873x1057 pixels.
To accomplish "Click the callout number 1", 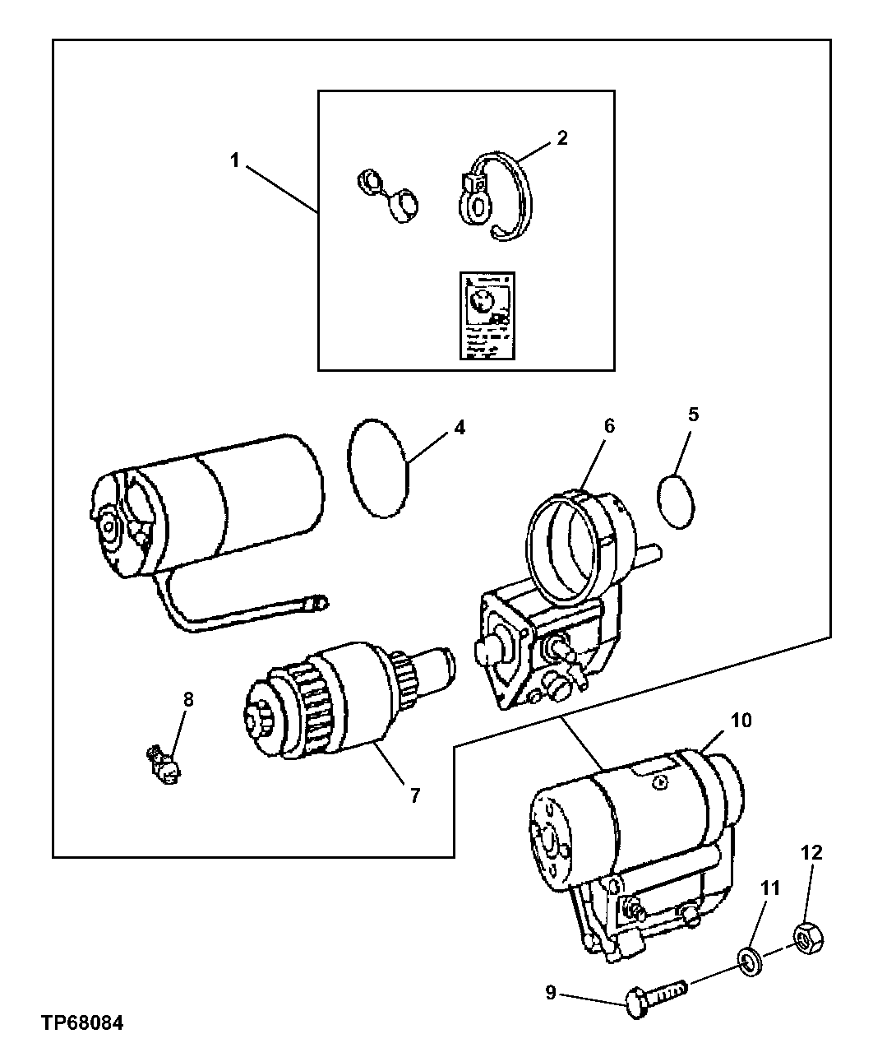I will [234, 160].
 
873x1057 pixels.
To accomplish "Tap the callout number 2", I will [561, 137].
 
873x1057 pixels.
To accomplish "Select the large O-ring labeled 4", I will [379, 467].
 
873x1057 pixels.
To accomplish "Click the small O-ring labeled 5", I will [677, 501].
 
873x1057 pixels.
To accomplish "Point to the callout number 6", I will [609, 426].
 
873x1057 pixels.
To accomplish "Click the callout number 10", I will [741, 721].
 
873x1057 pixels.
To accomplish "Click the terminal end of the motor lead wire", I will [316, 605].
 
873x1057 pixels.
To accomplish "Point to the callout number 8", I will [188, 700].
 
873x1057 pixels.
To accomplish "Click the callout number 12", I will [811, 852].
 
